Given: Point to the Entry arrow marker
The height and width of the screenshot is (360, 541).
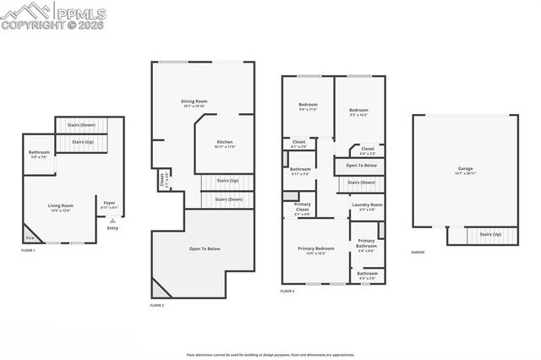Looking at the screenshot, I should pyautogui.click(x=112, y=221).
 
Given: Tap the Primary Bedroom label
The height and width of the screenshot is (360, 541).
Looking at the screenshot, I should pyautogui.click(x=315, y=248).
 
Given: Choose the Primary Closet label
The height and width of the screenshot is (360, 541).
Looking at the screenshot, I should pyautogui.click(x=302, y=207).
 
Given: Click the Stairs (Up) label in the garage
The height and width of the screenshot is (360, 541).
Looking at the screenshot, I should pyautogui.click(x=491, y=234).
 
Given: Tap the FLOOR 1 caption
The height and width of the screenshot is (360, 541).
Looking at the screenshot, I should pyautogui.click(x=27, y=251).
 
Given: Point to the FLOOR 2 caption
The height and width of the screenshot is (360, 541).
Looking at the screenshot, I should pyautogui.click(x=157, y=304).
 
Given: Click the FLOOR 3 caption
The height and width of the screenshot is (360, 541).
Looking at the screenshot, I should pyautogui.click(x=288, y=291).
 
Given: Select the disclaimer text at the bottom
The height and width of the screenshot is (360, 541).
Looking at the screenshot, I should pyautogui.click(x=270, y=354).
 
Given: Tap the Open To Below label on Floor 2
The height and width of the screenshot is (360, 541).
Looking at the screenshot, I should pyautogui.click(x=205, y=248).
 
